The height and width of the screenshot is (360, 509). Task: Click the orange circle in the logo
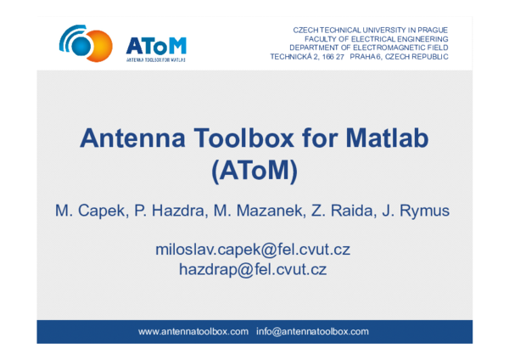point(95,45)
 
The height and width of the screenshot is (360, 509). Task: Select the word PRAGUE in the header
point(430,30)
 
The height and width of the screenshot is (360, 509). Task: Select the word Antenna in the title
point(128,138)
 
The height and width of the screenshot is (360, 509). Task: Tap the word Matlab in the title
point(381,138)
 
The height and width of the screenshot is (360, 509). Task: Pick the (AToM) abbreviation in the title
point(254,170)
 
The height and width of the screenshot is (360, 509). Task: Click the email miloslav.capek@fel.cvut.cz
point(253,250)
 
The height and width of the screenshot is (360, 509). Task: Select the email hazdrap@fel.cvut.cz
point(253,270)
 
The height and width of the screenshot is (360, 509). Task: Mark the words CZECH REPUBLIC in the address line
point(417,58)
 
